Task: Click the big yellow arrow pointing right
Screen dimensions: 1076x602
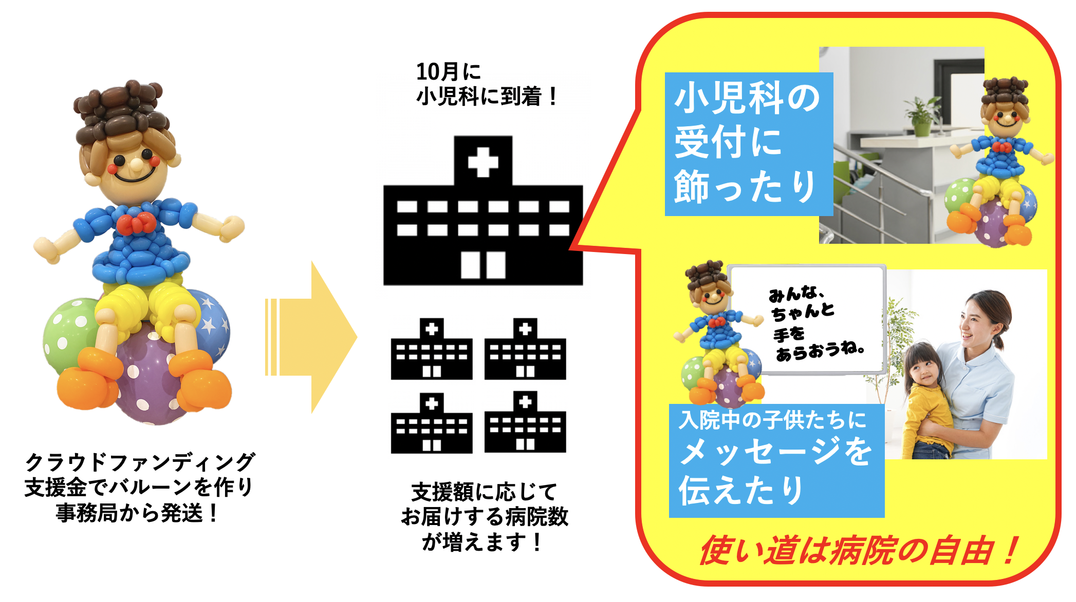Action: [311, 337]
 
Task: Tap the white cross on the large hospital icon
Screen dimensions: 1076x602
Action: [483, 162]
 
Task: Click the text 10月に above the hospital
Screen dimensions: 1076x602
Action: [448, 72]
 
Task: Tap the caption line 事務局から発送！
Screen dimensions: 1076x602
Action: [138, 513]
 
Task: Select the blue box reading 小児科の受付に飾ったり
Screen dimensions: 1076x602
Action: [749, 144]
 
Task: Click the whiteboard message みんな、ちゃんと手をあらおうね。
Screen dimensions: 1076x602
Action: [816, 324]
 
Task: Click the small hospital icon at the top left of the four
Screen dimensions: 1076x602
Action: [432, 349]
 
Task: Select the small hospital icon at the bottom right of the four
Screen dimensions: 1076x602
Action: [525, 422]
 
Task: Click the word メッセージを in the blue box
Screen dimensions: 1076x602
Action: [775, 452]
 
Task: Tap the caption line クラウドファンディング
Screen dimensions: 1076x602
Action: [140, 462]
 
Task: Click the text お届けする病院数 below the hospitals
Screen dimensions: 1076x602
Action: [485, 516]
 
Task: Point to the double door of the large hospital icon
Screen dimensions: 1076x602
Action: [483, 265]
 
